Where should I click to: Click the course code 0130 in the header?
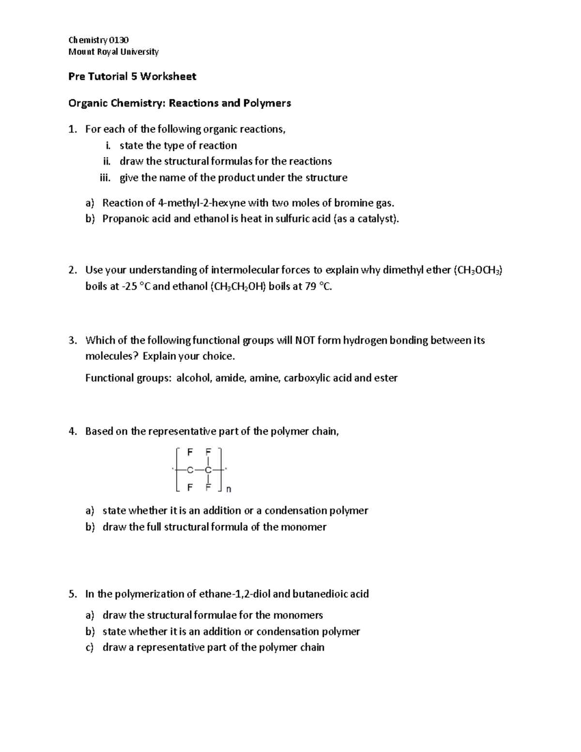point(119,40)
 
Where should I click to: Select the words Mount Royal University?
point(113,51)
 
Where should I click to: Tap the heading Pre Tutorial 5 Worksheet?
point(132,76)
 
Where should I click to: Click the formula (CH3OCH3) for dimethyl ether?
point(477,270)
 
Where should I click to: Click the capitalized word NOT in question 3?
point(305,340)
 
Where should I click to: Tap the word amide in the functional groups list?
point(230,378)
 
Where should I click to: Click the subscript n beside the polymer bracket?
point(229,490)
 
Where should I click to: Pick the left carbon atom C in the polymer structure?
point(190,470)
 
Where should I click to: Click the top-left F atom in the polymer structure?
point(190,452)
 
